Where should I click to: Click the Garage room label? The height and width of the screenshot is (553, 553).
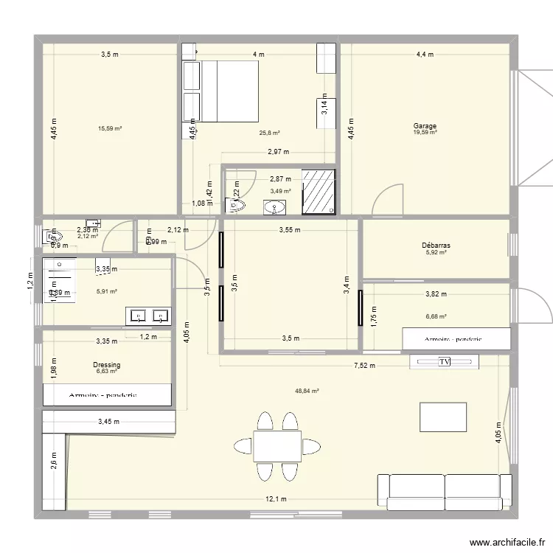(x=425, y=126)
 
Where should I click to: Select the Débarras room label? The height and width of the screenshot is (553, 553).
(x=437, y=246)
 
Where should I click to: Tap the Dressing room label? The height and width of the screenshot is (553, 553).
(x=107, y=365)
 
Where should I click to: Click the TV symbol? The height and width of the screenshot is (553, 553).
(x=444, y=362)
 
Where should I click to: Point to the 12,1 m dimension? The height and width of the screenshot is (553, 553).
(x=276, y=499)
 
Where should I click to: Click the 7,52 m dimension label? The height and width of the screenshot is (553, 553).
(x=364, y=365)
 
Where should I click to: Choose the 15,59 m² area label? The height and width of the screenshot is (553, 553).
(x=110, y=129)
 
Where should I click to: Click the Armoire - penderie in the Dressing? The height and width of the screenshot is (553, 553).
(x=108, y=395)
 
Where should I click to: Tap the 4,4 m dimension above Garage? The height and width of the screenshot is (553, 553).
(x=425, y=55)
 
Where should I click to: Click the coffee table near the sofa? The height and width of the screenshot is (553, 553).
(x=442, y=417)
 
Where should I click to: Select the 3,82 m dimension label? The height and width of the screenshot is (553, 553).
(x=436, y=294)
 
